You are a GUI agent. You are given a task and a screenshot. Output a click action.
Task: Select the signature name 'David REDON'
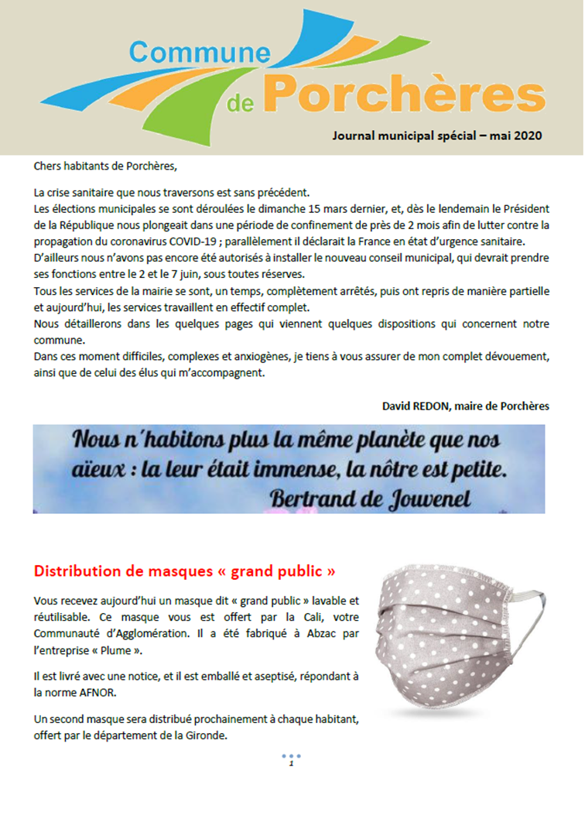[x=414, y=406]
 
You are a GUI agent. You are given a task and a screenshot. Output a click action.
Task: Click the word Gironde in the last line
[x=207, y=735]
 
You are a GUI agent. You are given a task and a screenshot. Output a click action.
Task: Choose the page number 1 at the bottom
[x=291, y=765]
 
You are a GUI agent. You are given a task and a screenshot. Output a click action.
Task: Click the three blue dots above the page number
[x=291, y=756]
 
